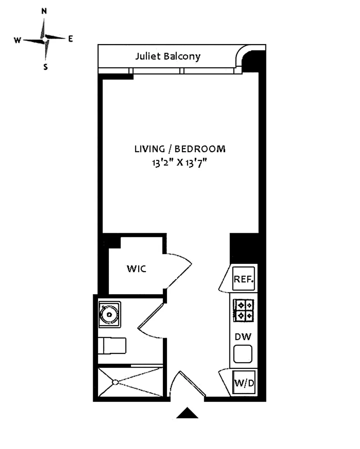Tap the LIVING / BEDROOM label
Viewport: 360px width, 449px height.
pyautogui.click(x=180, y=149)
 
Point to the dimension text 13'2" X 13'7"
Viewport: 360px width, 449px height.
pyautogui.click(x=181, y=163)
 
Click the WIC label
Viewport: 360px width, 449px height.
pyautogui.click(x=136, y=269)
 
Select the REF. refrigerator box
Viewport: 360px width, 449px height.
pyautogui.click(x=244, y=278)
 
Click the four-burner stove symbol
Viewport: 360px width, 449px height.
pyautogui.click(x=243, y=310)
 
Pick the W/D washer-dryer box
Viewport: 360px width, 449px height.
pyautogui.click(x=244, y=383)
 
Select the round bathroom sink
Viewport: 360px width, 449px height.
pyautogui.click(x=109, y=313)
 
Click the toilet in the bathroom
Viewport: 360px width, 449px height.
pyautogui.click(x=112, y=346)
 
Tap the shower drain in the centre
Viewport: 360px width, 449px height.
pyautogui.click(x=116, y=382)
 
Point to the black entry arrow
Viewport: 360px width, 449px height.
pyautogui.click(x=187, y=413)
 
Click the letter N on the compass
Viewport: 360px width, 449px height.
pyautogui.click(x=44, y=12)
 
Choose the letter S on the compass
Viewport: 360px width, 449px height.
pyautogui.click(x=45, y=67)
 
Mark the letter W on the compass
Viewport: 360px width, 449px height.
pyautogui.click(x=18, y=41)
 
